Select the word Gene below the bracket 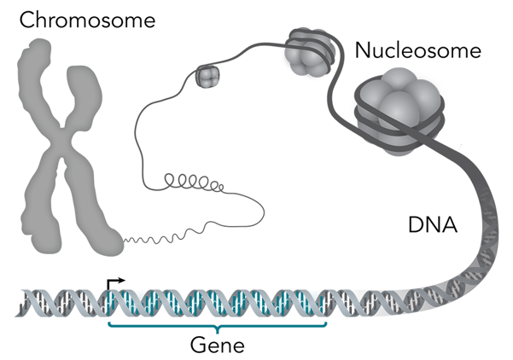tap(217, 345)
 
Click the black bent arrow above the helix tap(114, 282)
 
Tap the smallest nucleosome tap(207, 77)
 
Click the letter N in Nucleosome tap(364, 51)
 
